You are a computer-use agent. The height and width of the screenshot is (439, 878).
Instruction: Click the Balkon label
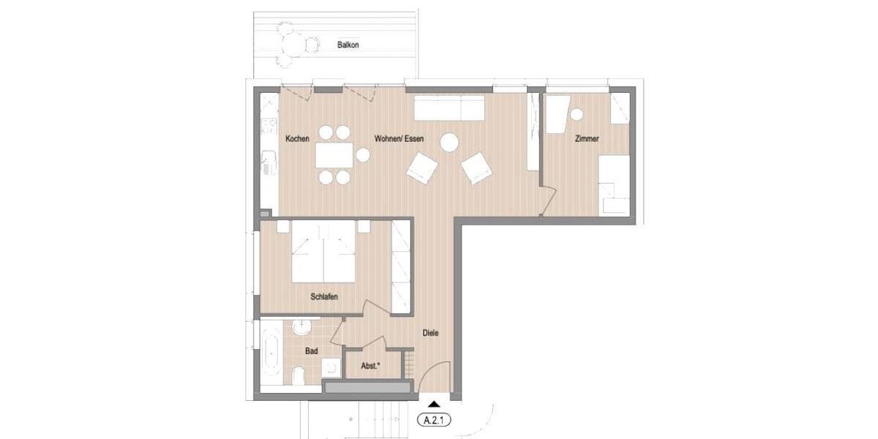coord(348,45)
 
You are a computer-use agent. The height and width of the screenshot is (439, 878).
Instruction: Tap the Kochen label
coord(297,138)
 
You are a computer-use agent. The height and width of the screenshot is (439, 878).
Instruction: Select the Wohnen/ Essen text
coord(399,138)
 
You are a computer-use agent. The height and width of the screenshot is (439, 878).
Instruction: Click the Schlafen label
coord(324,297)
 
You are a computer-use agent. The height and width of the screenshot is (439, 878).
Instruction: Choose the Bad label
coord(311,351)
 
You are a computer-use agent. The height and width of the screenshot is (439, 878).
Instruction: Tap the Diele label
coord(431,333)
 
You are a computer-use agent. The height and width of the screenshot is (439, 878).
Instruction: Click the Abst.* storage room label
coord(371,365)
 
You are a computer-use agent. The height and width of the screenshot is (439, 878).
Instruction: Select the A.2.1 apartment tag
coord(434,420)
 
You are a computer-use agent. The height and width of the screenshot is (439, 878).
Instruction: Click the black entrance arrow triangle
coord(434,403)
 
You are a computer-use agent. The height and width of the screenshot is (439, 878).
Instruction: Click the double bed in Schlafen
coord(324,252)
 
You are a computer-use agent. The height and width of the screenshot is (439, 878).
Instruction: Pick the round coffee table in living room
coord(449,142)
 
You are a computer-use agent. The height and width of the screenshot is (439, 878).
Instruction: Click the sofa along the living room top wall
coord(449,108)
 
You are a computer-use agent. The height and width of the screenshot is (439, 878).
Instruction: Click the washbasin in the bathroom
coord(302,327)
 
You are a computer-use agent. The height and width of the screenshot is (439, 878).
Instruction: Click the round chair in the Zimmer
coord(577,114)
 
